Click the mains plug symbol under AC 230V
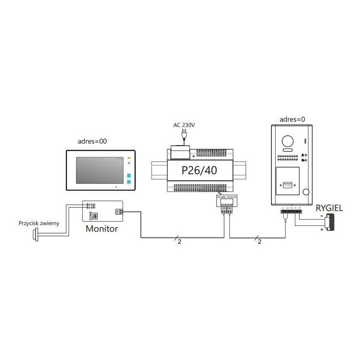pos(183,135)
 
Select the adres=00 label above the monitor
pos(92,141)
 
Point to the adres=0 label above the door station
pos(292,120)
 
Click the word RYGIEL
pos(329,208)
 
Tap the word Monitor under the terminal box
pos(102,228)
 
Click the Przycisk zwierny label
pos(39,223)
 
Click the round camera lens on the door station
pos(287,142)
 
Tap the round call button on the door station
pos(306,192)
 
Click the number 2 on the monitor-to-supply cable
pos(179,242)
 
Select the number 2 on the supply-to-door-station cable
pos(259,242)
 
